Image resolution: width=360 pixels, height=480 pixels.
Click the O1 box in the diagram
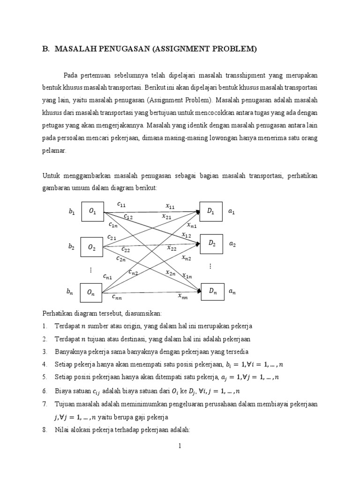(92, 212)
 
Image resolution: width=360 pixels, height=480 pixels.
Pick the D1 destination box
(211, 211)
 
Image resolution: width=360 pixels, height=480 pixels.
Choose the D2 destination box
(212, 244)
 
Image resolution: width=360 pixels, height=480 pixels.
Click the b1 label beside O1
(72, 212)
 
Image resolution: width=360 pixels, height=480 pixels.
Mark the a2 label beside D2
(232, 244)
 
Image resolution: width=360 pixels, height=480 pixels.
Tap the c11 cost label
(121, 204)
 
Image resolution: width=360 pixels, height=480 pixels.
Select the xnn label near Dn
(183, 296)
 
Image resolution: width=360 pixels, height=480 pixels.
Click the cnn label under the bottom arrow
(117, 296)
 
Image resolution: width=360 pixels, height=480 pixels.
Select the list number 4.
(44, 364)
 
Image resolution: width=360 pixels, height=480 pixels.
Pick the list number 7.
(44, 404)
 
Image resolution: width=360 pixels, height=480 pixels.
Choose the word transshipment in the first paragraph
(244, 75)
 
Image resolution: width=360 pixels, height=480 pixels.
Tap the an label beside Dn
(232, 292)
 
